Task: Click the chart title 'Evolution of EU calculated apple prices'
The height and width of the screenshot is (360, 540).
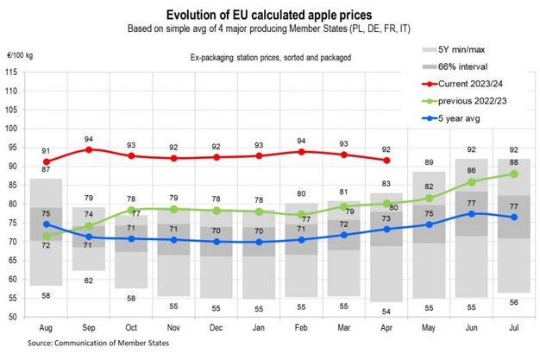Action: click(x=269, y=16)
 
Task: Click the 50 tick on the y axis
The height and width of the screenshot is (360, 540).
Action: click(x=13, y=317)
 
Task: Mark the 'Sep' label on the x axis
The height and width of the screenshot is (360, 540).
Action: click(x=87, y=331)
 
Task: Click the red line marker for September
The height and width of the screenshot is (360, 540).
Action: click(x=87, y=149)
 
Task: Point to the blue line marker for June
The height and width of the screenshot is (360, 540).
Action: click(x=471, y=213)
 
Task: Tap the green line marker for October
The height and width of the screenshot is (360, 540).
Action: click(x=130, y=210)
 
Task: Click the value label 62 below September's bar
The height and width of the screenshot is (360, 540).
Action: click(x=87, y=281)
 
